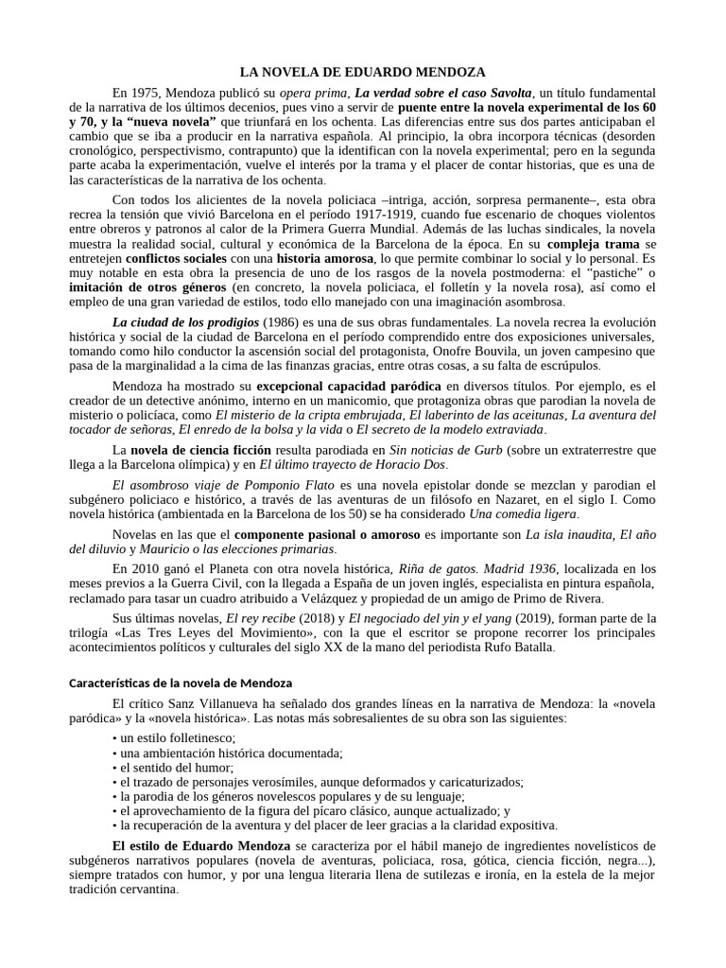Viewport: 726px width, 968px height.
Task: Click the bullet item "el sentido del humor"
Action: click(162, 768)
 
